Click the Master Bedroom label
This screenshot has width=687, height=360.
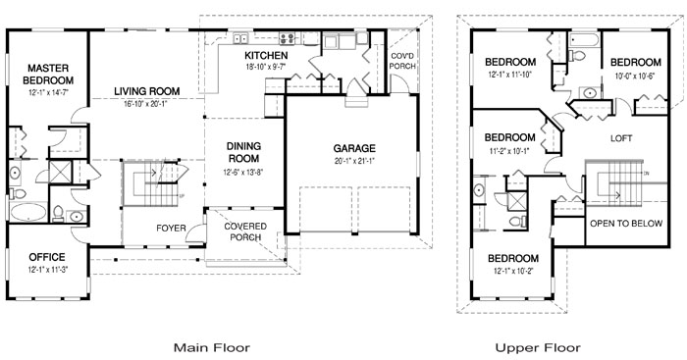[48, 75]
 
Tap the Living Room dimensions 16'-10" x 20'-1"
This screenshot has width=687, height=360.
[147, 104]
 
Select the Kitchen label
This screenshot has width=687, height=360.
[266, 56]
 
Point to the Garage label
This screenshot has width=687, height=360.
[354, 148]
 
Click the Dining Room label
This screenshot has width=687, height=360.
[243, 152]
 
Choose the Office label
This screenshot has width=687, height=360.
[47, 257]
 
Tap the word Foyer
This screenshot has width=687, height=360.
[171, 229]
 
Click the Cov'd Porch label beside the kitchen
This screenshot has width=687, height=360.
[402, 62]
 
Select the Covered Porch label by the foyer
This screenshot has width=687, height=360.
[245, 231]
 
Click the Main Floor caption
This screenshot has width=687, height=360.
[212, 347]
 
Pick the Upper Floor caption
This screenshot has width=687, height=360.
[538, 347]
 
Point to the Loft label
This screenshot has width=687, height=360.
[621, 138]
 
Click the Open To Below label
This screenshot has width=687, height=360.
[626, 224]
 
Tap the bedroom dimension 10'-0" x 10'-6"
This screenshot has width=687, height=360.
[634, 76]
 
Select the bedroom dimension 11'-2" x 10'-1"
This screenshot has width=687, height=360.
[510, 151]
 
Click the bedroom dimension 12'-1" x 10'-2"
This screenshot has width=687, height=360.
[513, 271]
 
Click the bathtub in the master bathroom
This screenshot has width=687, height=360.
[27, 213]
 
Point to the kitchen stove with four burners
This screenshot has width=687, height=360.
[288, 38]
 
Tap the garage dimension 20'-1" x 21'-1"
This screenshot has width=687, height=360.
[354, 161]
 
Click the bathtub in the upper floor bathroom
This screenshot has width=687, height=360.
[584, 41]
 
